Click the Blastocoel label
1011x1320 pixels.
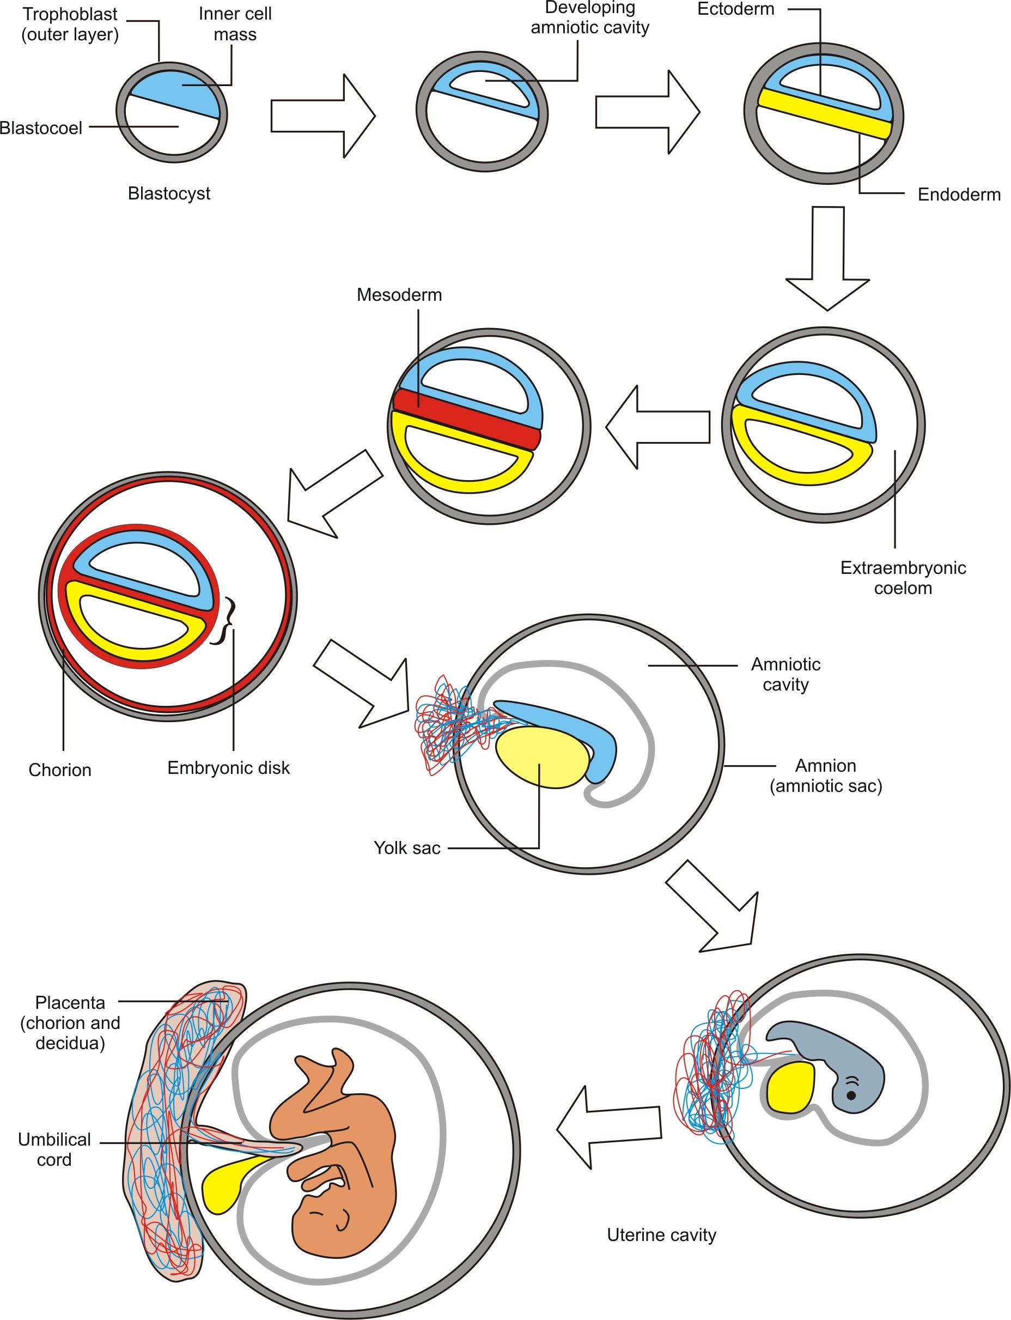(x=41, y=128)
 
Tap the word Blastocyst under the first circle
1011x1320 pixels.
(x=169, y=193)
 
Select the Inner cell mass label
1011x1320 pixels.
(x=235, y=24)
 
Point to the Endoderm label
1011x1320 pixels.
(x=959, y=195)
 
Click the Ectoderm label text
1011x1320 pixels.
(x=735, y=9)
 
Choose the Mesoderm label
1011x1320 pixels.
(x=399, y=294)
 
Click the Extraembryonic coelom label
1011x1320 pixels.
(x=903, y=578)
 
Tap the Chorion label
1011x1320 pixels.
(x=60, y=770)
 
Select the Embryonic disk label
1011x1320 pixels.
(x=228, y=768)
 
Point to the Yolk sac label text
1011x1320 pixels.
(x=407, y=848)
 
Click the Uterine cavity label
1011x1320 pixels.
(x=661, y=1235)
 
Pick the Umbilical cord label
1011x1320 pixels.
(x=54, y=1149)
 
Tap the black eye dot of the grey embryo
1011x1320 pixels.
(x=851, y=1095)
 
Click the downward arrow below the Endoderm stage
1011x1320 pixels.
(x=827, y=259)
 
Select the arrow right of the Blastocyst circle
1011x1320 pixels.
(x=322, y=116)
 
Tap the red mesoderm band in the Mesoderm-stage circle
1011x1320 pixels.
(x=466, y=419)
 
